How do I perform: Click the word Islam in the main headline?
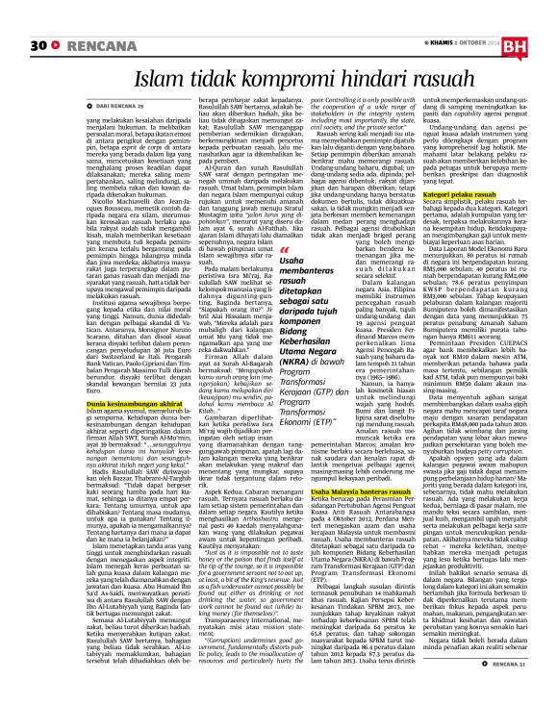162,74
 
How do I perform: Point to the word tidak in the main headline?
213,74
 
